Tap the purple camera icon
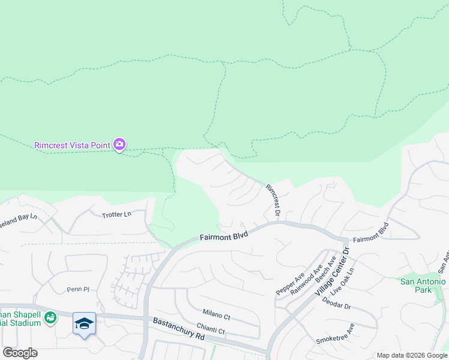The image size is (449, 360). pyautogui.click(x=119, y=144)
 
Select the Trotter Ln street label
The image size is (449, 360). pyautogui.click(x=116, y=214)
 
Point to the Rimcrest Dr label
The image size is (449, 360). pyautogui.click(x=273, y=199)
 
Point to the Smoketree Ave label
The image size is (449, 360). pyautogui.click(x=335, y=333)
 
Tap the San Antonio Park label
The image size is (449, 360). pyautogui.click(x=423, y=286)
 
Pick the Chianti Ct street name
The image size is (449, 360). pyautogui.click(x=211, y=331)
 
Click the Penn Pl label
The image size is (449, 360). pyautogui.click(x=77, y=289)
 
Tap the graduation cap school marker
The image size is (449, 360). pyautogui.click(x=84, y=323)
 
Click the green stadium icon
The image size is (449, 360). pyautogui.click(x=50, y=317)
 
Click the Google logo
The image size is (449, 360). pyautogui.click(x=20, y=353)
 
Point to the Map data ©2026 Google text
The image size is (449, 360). pyautogui.click(x=412, y=355)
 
